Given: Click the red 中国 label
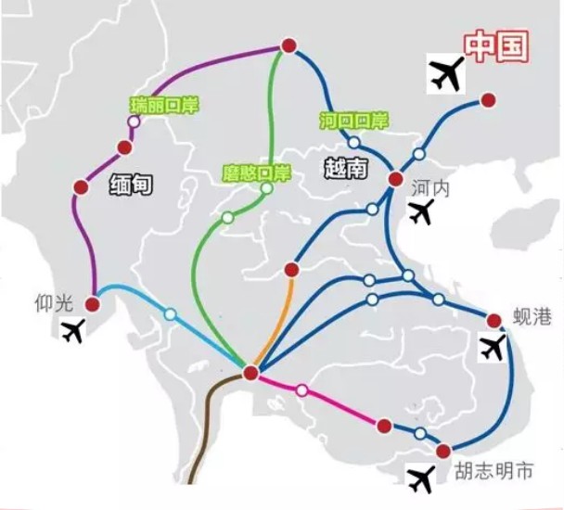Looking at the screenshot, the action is [496, 46].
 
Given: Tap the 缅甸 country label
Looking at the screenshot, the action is [131, 185].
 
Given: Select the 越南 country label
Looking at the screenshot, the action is [346, 168].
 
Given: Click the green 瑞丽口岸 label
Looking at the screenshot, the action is [164, 106].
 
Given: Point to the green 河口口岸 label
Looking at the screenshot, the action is [354, 121].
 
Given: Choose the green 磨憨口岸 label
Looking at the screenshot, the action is [256, 173].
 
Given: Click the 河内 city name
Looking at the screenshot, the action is [430, 187].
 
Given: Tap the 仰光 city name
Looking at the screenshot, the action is [54, 304].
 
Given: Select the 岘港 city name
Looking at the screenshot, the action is [532, 317].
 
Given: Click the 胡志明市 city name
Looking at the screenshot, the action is [493, 470].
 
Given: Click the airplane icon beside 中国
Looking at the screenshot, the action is [446, 74].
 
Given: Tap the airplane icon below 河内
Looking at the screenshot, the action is [421, 212].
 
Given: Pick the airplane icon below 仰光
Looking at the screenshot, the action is [73, 330].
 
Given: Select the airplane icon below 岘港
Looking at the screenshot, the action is [493, 348].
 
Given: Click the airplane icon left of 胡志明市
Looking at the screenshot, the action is [420, 479].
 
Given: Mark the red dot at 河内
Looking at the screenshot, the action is [396, 178].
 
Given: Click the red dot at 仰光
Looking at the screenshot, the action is [93, 304].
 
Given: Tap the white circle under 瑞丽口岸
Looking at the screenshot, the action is [135, 121].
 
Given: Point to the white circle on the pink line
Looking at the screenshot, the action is [302, 389].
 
